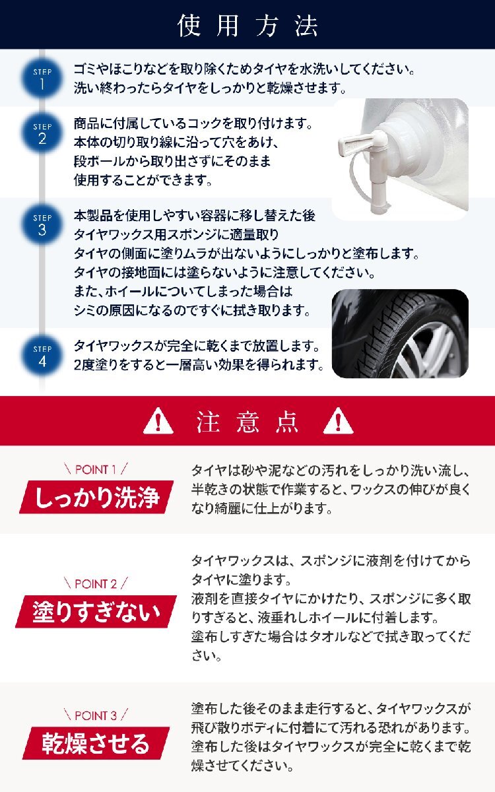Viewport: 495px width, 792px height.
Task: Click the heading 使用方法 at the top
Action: coord(247,25)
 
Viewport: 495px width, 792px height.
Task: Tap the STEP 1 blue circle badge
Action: coord(42,79)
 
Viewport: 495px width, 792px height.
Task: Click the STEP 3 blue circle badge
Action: coord(42,224)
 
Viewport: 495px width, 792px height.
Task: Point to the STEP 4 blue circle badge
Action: coord(42,356)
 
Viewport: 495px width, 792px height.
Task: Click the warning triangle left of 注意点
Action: coord(158,420)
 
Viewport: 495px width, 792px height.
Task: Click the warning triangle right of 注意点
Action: coord(338,420)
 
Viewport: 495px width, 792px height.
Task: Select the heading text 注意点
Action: coord(247,421)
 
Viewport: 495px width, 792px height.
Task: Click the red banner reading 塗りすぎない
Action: coord(96,611)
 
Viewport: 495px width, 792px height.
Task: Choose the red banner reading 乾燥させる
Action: coord(96,743)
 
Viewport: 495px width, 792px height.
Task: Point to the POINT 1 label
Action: coord(96,469)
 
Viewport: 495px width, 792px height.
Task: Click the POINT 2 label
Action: coord(96,583)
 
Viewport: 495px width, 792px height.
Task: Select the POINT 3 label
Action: coord(96,715)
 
